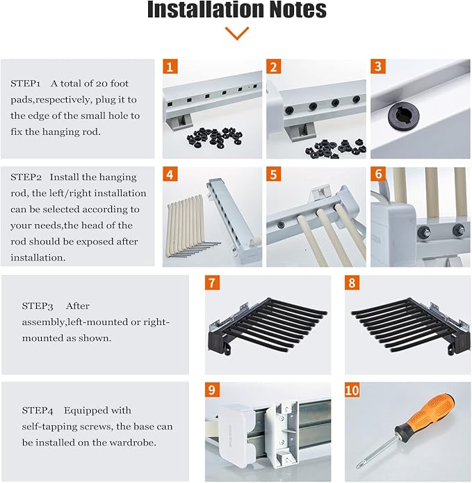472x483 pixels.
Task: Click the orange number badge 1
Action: coord(170,67)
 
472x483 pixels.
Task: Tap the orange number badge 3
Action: coord(378,66)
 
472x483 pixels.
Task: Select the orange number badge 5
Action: coord(274,175)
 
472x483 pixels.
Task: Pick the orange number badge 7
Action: coord(212,283)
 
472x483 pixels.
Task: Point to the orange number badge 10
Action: coord(352,390)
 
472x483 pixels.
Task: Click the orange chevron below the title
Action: coord(236,33)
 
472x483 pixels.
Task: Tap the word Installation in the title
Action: coord(206,9)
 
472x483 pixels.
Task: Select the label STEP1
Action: coord(26,84)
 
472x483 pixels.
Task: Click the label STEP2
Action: coord(26,177)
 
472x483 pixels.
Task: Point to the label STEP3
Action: coord(38,306)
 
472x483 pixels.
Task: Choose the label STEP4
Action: coord(38,411)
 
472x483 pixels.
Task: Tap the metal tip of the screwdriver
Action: coord(358,467)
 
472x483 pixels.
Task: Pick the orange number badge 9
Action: coord(212,390)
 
